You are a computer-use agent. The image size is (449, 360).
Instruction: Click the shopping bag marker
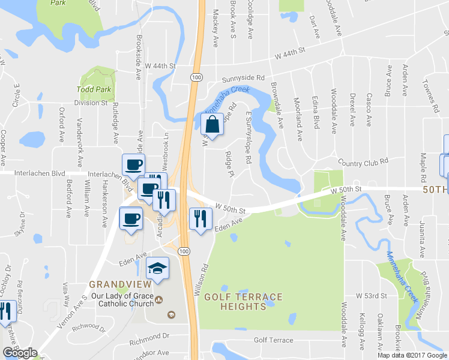212,125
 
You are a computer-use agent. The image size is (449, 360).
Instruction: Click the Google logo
20,353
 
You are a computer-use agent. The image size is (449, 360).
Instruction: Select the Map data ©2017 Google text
412,355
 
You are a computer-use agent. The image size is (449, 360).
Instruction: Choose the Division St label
90,103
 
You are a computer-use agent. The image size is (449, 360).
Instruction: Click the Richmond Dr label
149,336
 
